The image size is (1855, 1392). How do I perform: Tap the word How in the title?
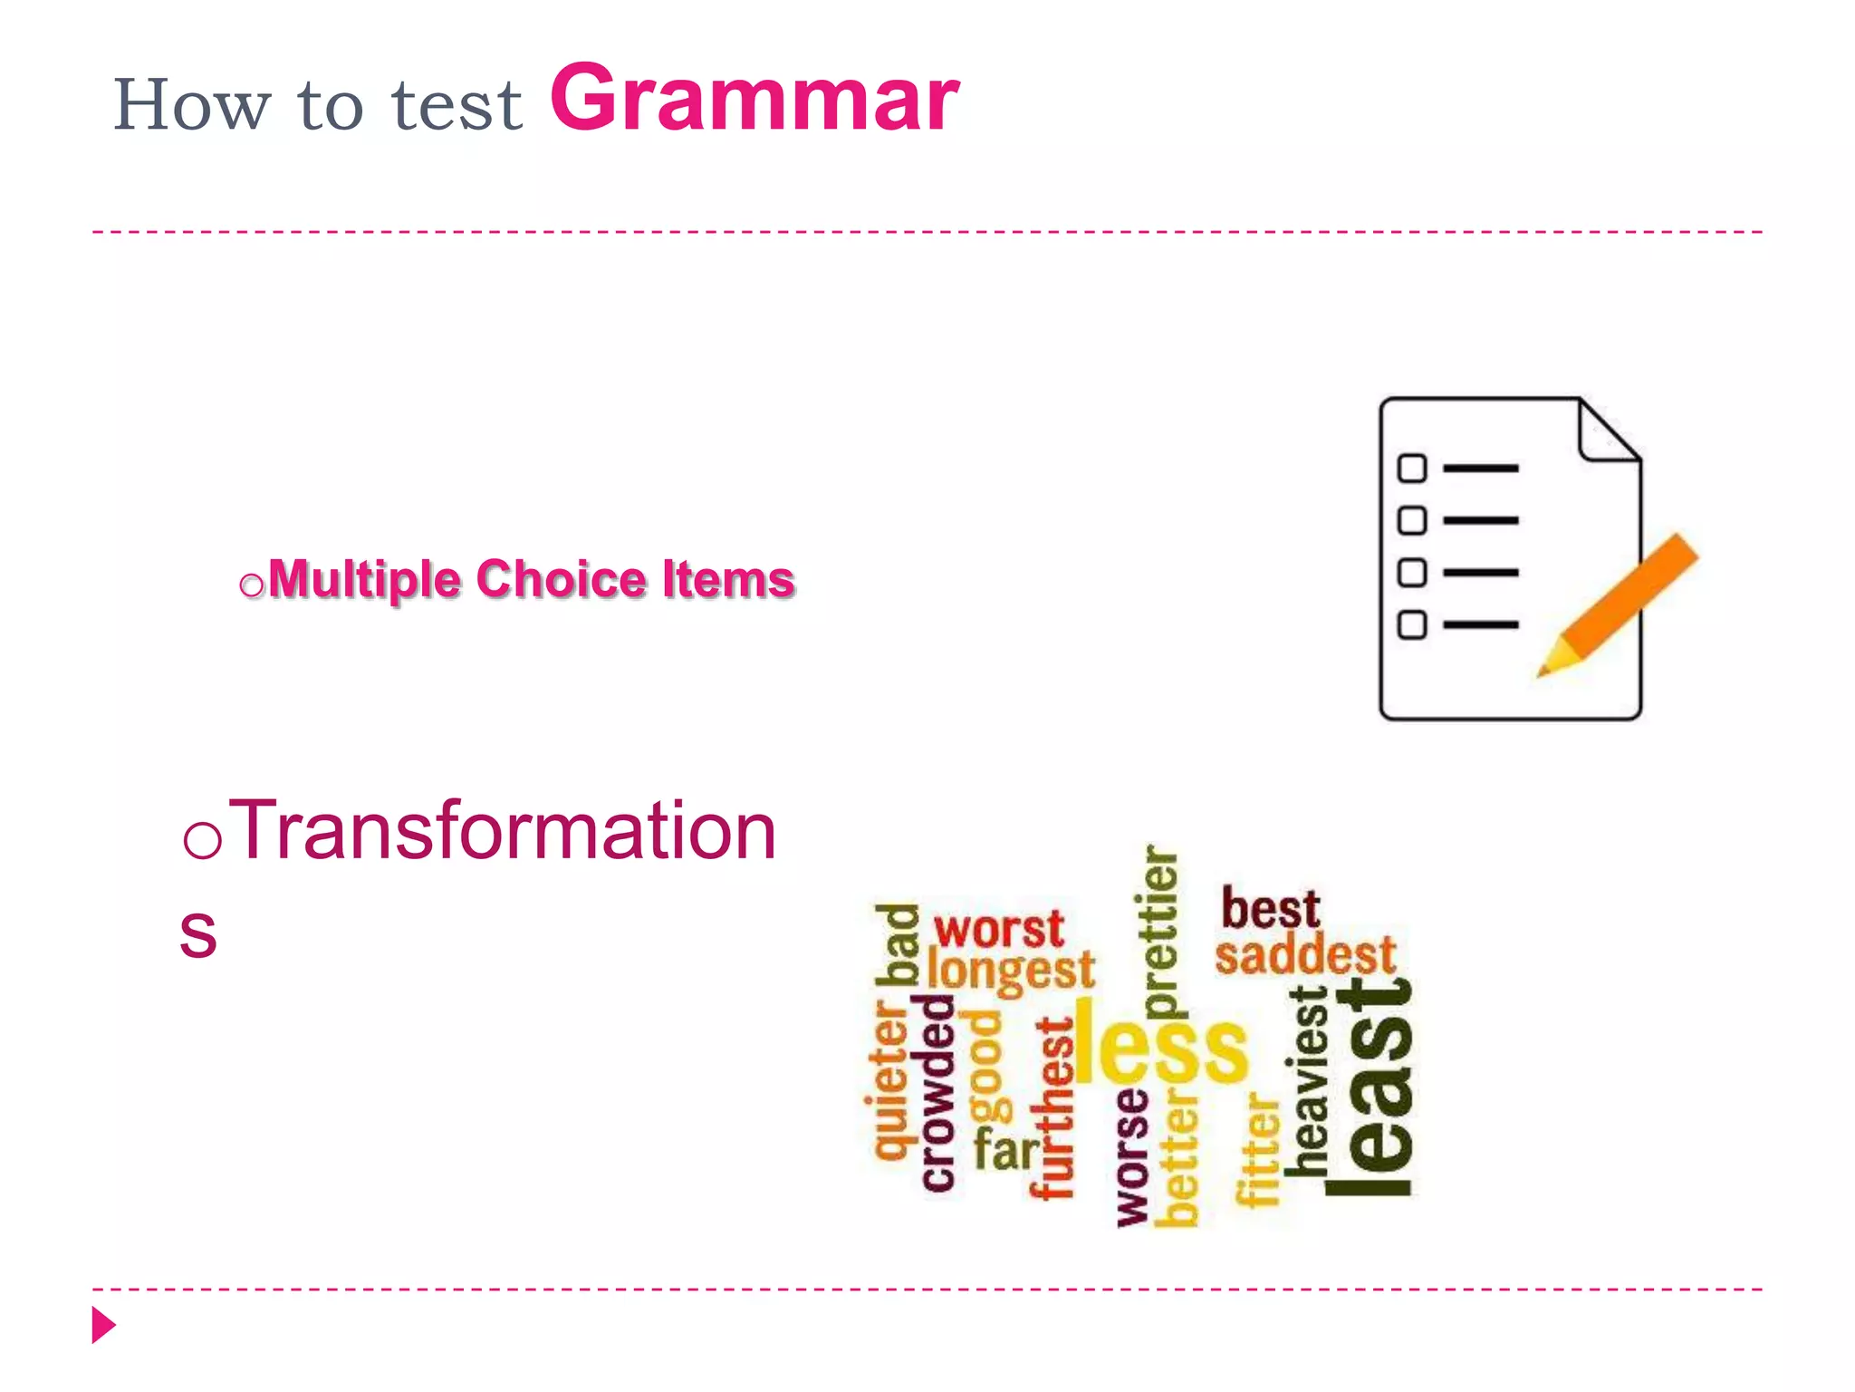pyautogui.click(x=191, y=105)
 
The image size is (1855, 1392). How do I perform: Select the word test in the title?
pyautogui.click(x=457, y=106)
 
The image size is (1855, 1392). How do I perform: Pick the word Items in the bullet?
pyautogui.click(x=728, y=579)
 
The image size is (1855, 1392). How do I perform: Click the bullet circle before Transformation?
pyautogui.click(x=202, y=839)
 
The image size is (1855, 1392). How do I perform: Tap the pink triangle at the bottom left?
pyautogui.click(x=103, y=1325)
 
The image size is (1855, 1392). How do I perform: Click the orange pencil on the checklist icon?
pyautogui.click(x=1621, y=604)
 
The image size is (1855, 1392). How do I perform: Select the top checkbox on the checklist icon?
pyautogui.click(x=1411, y=468)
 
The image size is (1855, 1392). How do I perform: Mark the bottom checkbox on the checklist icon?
pyautogui.click(x=1411, y=624)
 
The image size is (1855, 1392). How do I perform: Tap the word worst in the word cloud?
pyautogui.click(x=998, y=929)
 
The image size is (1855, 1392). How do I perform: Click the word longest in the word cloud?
pyautogui.click(x=1011, y=971)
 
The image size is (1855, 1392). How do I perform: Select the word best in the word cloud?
pyautogui.click(x=1270, y=909)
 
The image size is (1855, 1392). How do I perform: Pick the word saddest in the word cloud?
pyautogui.click(x=1305, y=955)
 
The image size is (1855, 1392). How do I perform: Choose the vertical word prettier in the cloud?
pyautogui.click(x=1159, y=933)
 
